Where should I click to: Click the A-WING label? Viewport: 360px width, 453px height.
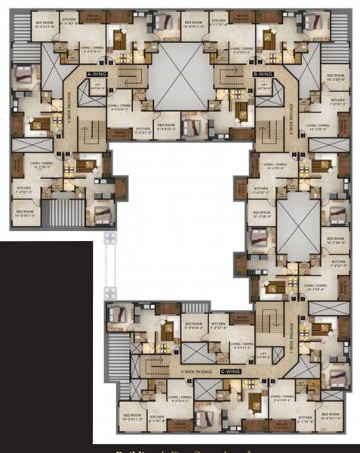(98, 75)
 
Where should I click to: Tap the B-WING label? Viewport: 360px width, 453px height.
(262, 75)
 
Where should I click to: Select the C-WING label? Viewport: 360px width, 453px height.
(231, 372)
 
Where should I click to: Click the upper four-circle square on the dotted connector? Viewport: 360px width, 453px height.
(110, 237)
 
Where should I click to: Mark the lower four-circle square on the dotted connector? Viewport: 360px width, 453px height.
(110, 290)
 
